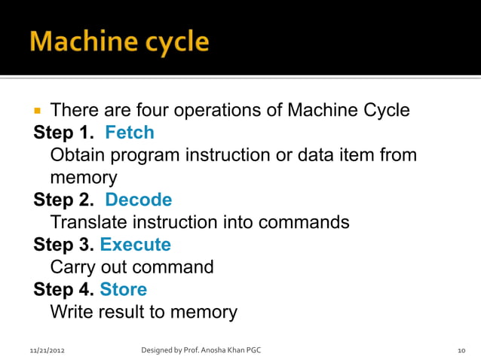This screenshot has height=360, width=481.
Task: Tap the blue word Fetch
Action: click(129, 133)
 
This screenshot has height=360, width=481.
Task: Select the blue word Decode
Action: click(138, 200)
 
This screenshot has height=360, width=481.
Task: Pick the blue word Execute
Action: click(135, 245)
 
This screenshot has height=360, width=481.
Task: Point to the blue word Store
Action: click(123, 290)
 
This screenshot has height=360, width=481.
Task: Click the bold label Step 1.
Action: click(63, 133)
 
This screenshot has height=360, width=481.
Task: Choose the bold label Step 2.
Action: click(63, 200)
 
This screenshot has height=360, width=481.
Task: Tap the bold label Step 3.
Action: click(63, 245)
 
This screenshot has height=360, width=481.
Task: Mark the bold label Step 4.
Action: click(63, 290)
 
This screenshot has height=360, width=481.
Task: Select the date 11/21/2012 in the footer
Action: click(47, 350)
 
